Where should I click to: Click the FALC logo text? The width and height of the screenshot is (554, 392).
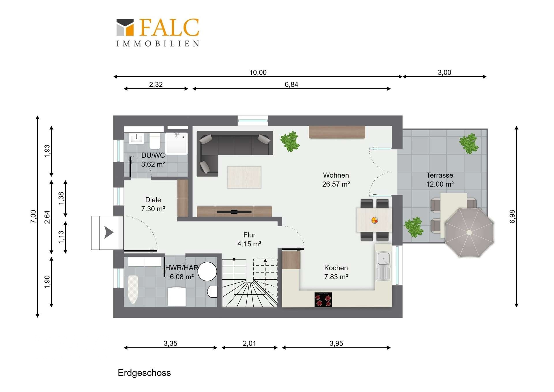(169, 27)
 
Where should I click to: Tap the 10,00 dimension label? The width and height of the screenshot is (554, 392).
(258, 73)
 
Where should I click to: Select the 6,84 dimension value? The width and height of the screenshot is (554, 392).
(291, 85)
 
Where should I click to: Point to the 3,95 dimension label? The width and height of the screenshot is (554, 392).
(336, 343)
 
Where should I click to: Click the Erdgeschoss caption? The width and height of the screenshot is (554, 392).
(144, 373)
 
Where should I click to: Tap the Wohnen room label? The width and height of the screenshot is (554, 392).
(336, 175)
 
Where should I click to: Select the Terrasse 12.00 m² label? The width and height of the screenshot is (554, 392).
(440, 180)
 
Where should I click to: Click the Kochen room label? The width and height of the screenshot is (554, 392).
(336, 268)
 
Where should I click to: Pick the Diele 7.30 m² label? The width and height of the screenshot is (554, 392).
(153, 204)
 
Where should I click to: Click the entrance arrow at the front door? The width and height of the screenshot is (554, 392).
(108, 232)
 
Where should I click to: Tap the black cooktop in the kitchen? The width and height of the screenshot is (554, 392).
(323, 300)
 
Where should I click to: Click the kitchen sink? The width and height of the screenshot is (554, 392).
(383, 266)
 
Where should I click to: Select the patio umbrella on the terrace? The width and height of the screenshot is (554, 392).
(469, 233)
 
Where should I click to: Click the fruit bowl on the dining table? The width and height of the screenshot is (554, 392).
(375, 220)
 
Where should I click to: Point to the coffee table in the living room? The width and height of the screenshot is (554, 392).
(244, 177)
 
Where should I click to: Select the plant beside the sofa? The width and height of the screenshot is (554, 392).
(290, 141)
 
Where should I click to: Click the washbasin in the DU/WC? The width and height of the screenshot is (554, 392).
(136, 138)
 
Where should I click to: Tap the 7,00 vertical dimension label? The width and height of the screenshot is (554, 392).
(33, 217)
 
